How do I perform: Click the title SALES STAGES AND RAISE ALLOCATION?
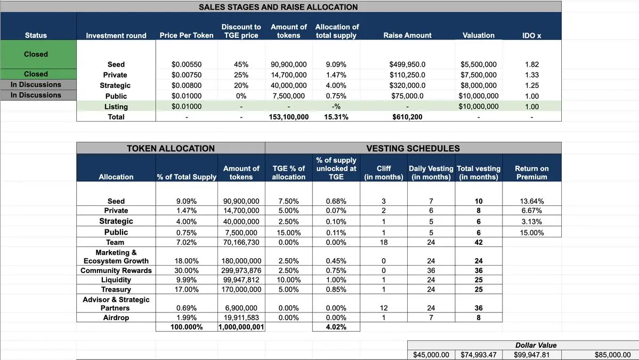pyautogui.click(x=278, y=7)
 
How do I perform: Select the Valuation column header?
pyautogui.click(x=478, y=35)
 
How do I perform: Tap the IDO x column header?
pyautogui.click(x=531, y=35)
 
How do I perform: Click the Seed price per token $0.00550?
pyautogui.click(x=187, y=65)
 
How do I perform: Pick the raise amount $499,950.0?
pyautogui.click(x=408, y=65)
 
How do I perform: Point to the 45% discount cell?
pyautogui.click(x=241, y=65)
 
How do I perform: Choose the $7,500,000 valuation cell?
pyautogui.click(x=479, y=75)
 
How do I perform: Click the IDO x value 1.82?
pyautogui.click(x=531, y=65)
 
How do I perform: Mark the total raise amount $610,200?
pyautogui.click(x=407, y=117)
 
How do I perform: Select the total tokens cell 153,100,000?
pyautogui.click(x=288, y=117)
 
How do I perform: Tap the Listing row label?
pyautogui.click(x=116, y=107)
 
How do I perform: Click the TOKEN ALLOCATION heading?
pyautogui.click(x=171, y=148)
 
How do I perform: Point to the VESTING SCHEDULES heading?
pyautogui.click(x=413, y=148)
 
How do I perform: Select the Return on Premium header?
pyautogui.click(x=531, y=172)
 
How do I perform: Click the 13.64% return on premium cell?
pyautogui.click(x=531, y=201)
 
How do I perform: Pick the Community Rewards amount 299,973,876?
pyautogui.click(x=241, y=270)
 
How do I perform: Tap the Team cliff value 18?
pyautogui.click(x=384, y=242)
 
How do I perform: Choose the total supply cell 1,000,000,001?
pyautogui.click(x=241, y=327)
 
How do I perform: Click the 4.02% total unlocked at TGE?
pyautogui.click(x=336, y=327)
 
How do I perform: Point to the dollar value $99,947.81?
pyautogui.click(x=525, y=355)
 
